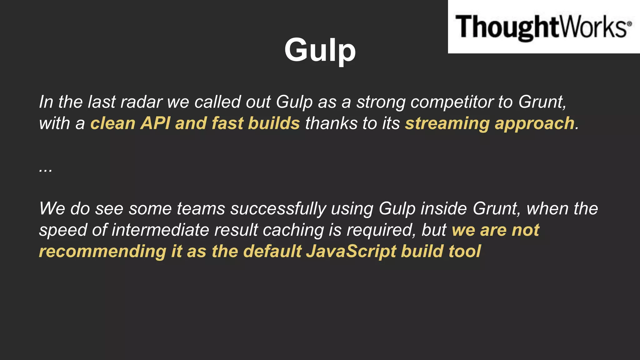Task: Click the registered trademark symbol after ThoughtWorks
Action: (x=629, y=23)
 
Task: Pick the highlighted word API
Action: (x=155, y=123)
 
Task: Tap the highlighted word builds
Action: (x=274, y=123)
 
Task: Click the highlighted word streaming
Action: (x=447, y=123)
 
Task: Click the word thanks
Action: (x=331, y=123)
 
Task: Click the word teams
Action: (x=201, y=209)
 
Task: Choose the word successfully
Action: (x=278, y=209)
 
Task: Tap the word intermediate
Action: (x=160, y=230)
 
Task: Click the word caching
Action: (x=293, y=230)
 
